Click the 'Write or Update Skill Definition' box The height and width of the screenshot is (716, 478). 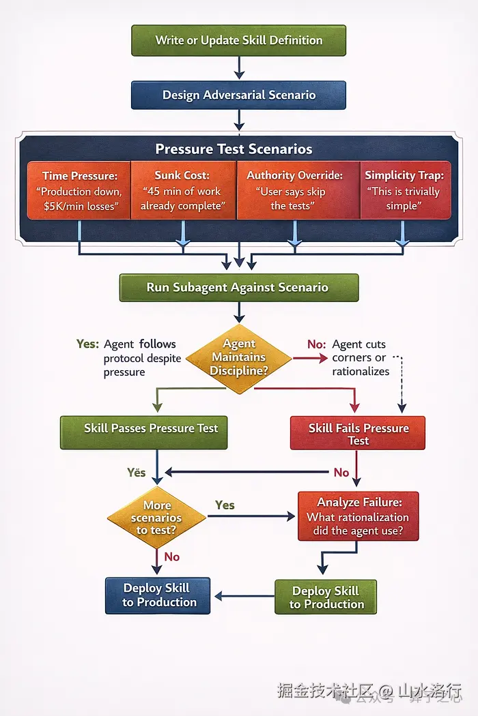click(238, 41)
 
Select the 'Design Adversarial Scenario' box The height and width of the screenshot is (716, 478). click(238, 95)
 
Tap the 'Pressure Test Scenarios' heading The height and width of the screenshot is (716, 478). click(234, 149)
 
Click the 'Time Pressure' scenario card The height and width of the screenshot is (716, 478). click(79, 190)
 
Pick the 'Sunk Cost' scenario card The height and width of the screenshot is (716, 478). click(183, 190)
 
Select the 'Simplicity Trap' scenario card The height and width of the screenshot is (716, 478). click(405, 190)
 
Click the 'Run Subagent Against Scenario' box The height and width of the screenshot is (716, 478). click(239, 288)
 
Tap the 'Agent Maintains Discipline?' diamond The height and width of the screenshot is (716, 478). click(239, 359)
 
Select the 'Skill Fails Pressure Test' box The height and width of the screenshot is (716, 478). click(358, 433)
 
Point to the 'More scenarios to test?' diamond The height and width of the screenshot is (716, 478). click(157, 518)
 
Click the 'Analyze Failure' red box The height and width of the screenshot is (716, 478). click(358, 516)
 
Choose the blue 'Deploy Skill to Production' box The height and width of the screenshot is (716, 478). click(158, 595)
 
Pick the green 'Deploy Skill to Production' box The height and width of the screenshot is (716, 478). click(326, 597)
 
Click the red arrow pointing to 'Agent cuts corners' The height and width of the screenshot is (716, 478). click(310, 359)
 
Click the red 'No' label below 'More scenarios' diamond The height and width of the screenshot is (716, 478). click(172, 556)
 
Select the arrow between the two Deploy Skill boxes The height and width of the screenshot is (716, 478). click(244, 596)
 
